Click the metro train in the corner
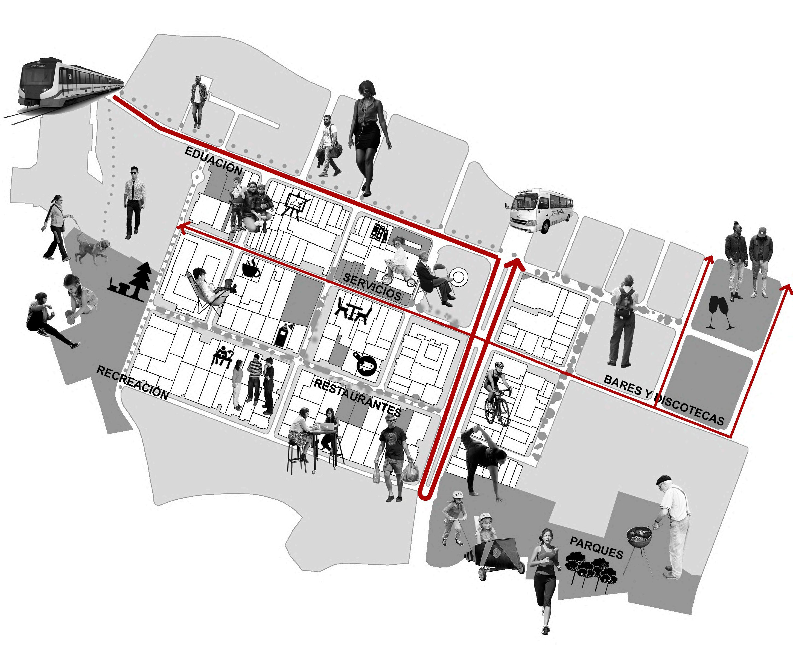coord(65,84)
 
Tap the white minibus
coord(540,210)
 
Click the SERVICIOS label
coord(372,287)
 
